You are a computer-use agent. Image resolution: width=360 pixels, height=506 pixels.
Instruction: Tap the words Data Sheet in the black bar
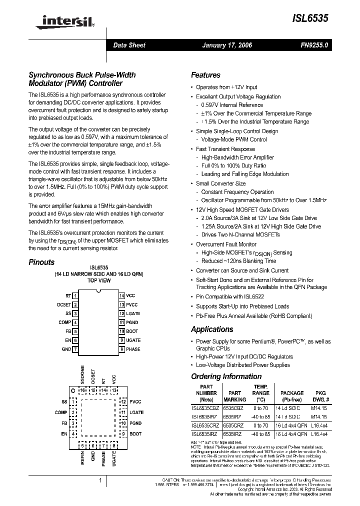pyautogui.click(x=129, y=45)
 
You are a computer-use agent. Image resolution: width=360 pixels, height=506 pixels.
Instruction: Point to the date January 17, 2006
pyautogui.click(x=226, y=45)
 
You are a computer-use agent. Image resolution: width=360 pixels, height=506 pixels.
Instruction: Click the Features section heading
pyautogui.click(x=205, y=75)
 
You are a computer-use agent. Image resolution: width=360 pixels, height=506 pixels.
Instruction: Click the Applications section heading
pyautogui.click(x=212, y=329)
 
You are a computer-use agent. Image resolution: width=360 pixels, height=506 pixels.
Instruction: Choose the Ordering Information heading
pyautogui.click(x=226, y=376)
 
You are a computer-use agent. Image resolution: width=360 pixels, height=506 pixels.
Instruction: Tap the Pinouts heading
pyautogui.click(x=41, y=262)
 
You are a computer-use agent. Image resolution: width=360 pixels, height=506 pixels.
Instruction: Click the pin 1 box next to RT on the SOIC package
pyautogui.click(x=75, y=296)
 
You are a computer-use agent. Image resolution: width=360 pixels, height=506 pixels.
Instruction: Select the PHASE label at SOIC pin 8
pyautogui.click(x=133, y=349)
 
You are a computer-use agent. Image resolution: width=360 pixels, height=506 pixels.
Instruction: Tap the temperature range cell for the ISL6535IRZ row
pyautogui.click(x=260, y=434)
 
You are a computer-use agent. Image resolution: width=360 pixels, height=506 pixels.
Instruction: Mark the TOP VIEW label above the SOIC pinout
pyautogui.click(x=99, y=281)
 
